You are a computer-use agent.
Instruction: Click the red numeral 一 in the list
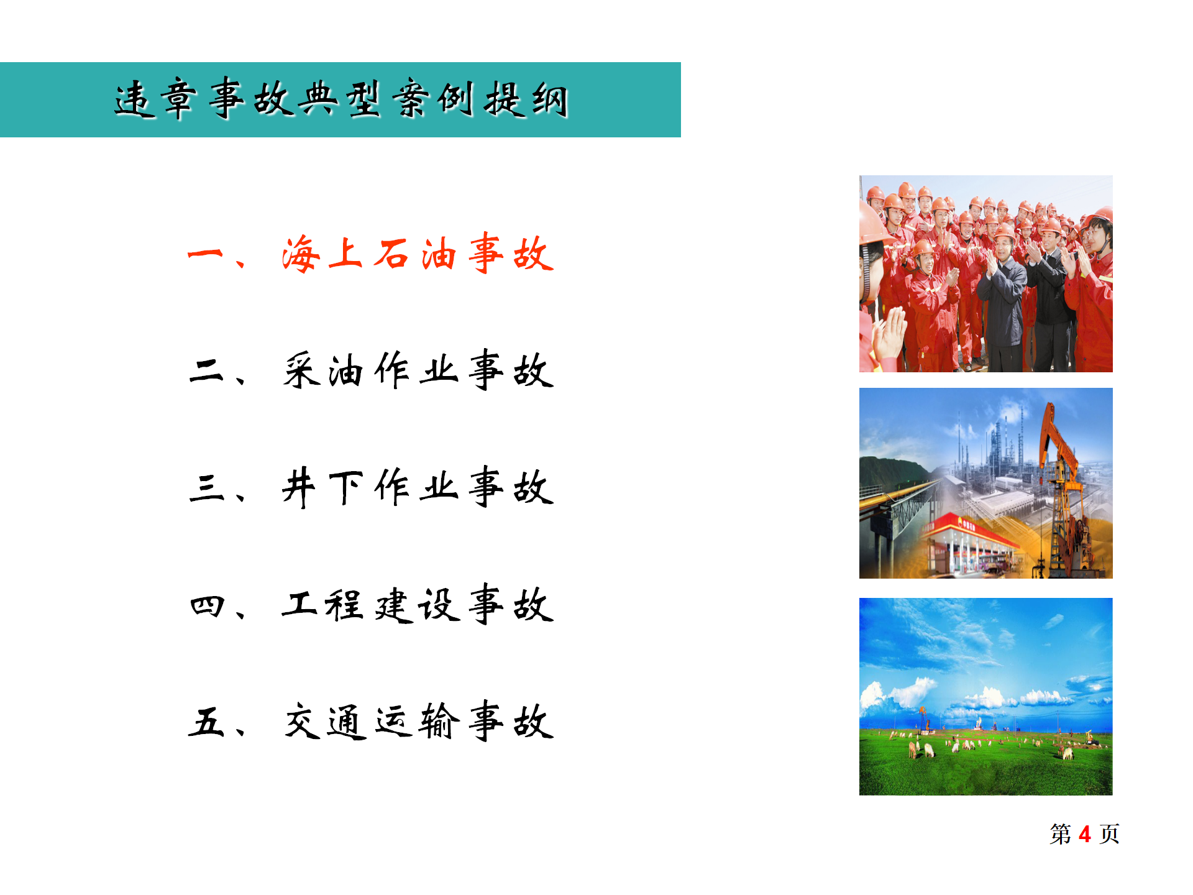click(205, 254)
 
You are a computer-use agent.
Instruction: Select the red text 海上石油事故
click(418, 254)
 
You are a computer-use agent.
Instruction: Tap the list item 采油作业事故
click(418, 370)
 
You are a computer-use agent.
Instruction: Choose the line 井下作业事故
click(418, 487)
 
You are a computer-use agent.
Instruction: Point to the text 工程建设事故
click(418, 605)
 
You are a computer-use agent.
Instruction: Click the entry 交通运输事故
click(418, 722)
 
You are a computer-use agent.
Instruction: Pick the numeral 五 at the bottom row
click(206, 722)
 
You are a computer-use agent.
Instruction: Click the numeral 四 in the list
click(206, 605)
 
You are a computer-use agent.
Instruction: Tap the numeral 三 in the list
click(206, 487)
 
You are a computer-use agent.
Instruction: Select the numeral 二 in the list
click(206, 370)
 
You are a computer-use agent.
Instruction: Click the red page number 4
click(1085, 834)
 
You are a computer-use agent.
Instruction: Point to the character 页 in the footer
click(1110, 834)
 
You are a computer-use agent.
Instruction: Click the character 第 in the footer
click(1061, 834)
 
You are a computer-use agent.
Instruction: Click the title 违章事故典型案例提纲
click(341, 99)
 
